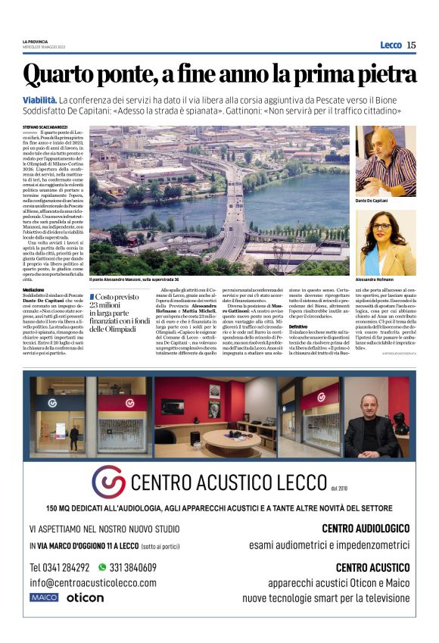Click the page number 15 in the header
411,45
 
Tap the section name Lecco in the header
391,45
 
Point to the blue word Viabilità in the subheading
39,100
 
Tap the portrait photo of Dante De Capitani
385,161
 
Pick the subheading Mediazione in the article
33,290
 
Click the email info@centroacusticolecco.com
93,582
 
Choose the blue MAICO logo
44,598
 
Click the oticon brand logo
85,598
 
